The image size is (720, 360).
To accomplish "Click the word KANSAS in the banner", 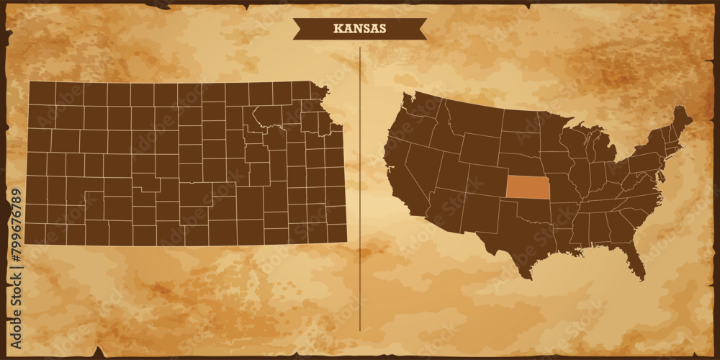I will (359, 29).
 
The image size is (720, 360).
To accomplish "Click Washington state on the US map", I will (421, 108).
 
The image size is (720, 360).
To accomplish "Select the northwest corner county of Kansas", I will (42, 93).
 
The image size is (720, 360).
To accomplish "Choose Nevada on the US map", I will (421, 162).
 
